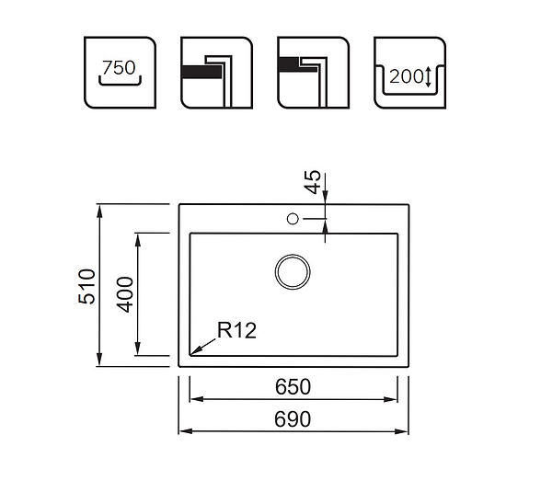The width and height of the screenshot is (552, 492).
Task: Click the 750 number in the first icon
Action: click(119, 68)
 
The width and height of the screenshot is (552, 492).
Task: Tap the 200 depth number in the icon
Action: click(404, 76)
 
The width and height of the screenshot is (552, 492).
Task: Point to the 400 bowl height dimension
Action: click(126, 293)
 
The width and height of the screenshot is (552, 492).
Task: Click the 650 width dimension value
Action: click(292, 387)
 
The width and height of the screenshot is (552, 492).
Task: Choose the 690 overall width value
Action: click(292, 419)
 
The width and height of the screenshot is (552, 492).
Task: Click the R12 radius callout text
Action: click(237, 330)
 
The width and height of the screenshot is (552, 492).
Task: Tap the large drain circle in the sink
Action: click(293, 271)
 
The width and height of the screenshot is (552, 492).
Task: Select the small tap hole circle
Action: click(293, 219)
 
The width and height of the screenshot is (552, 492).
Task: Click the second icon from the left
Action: click(216, 73)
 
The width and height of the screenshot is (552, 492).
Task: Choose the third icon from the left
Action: click(314, 73)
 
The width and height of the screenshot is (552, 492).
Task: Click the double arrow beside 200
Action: click(428, 77)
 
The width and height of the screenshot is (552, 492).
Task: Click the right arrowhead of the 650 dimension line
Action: click(393, 399)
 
